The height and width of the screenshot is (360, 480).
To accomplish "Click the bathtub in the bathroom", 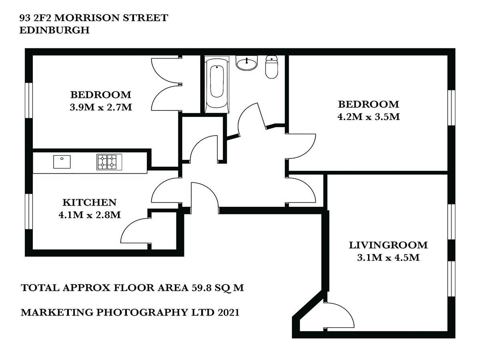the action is point(217,84).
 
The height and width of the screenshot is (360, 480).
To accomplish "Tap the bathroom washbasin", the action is point(247,63).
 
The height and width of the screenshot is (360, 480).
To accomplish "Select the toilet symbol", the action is point(272,67).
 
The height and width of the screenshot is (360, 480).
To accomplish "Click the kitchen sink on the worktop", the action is point(62,162).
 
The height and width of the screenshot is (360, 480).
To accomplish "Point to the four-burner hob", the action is point(109,162).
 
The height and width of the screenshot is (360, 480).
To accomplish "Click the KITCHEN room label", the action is point(90,202).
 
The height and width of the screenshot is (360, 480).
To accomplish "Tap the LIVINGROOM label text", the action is point(388,245).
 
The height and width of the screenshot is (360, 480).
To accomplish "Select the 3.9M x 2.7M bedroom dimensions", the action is point(101,107).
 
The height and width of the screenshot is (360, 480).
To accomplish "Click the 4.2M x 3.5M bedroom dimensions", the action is point(368,117).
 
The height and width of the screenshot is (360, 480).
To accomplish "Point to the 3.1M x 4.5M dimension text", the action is point(388,258).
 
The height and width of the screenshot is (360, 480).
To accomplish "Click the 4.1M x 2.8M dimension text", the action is point(90,215).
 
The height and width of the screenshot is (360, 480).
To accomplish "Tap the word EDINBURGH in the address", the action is point(54,30).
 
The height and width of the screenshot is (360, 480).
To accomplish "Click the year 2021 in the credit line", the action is point(228,312).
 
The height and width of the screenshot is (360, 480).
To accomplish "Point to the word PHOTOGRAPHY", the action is point(142,312).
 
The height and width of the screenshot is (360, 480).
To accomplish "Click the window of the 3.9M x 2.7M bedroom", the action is point(29,100).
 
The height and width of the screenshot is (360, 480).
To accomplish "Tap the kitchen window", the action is point(29,212).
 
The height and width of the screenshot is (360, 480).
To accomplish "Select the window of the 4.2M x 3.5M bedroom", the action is point(451,108).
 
